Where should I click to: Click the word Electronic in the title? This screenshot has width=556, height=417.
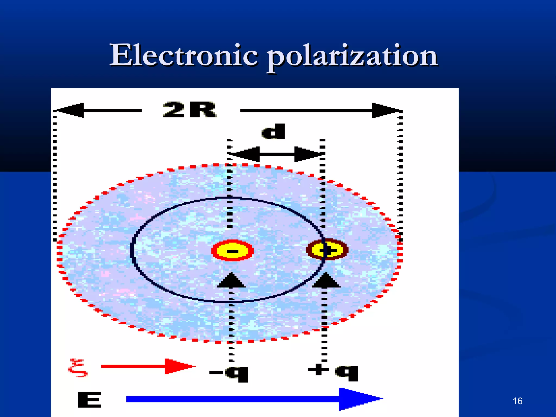point(184,55)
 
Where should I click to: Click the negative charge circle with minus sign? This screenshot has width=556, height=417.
point(232,250)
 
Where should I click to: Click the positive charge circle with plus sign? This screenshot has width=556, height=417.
point(327,249)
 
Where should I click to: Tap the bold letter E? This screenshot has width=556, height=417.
point(89,399)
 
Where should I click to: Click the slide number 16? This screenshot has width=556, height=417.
point(517,401)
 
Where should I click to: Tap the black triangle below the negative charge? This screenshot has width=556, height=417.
point(231,281)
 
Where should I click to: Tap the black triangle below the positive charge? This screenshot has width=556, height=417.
point(326,281)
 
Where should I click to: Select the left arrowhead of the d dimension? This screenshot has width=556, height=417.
point(246,154)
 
